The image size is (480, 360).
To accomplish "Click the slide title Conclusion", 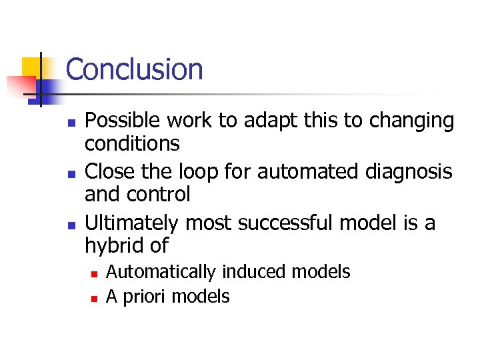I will click(x=134, y=69).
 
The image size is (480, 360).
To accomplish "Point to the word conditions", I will click(x=132, y=143).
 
